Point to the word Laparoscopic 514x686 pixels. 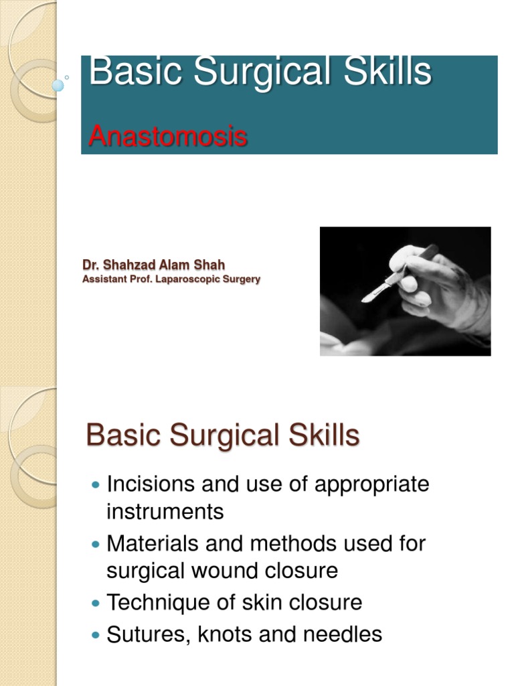tap(189, 279)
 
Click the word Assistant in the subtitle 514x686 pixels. tap(104, 279)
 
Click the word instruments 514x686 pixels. tap(165, 512)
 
